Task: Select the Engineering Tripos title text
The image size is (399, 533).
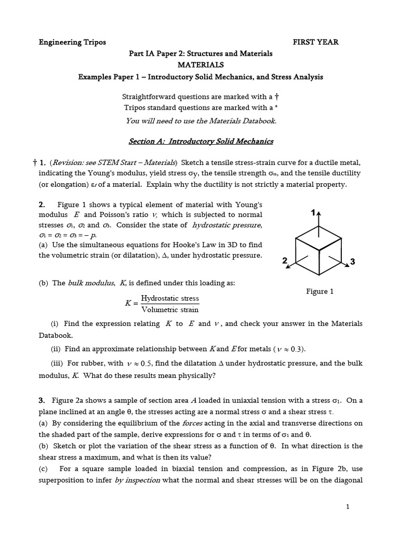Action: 72,42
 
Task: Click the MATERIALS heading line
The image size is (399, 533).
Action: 201,65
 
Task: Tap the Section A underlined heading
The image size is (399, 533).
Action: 201,141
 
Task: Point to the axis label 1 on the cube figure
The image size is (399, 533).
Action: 313,213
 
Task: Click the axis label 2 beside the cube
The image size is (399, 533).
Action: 285,261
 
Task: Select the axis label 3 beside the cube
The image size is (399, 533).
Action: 352,262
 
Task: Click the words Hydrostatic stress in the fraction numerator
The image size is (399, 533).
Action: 166,299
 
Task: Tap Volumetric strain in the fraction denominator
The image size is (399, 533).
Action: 166,310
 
